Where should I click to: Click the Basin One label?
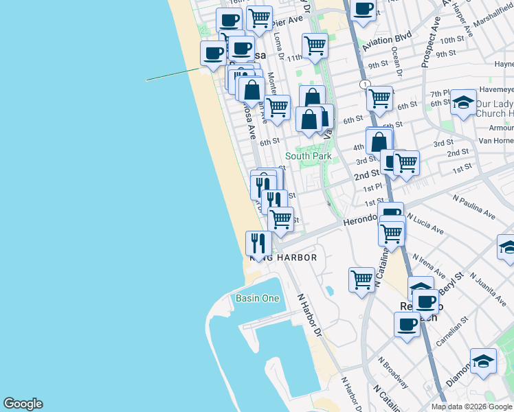click(258, 298)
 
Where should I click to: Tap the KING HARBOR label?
click(283, 257)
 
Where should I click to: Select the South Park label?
click(309, 156)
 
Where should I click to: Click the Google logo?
click(23, 404)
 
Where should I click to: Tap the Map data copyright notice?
click(471, 407)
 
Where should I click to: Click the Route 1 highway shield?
click(362, 84)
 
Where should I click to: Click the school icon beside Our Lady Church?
click(464, 102)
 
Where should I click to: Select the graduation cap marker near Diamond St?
click(483, 362)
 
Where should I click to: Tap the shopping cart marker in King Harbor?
click(361, 279)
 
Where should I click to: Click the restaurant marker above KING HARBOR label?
click(258, 243)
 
